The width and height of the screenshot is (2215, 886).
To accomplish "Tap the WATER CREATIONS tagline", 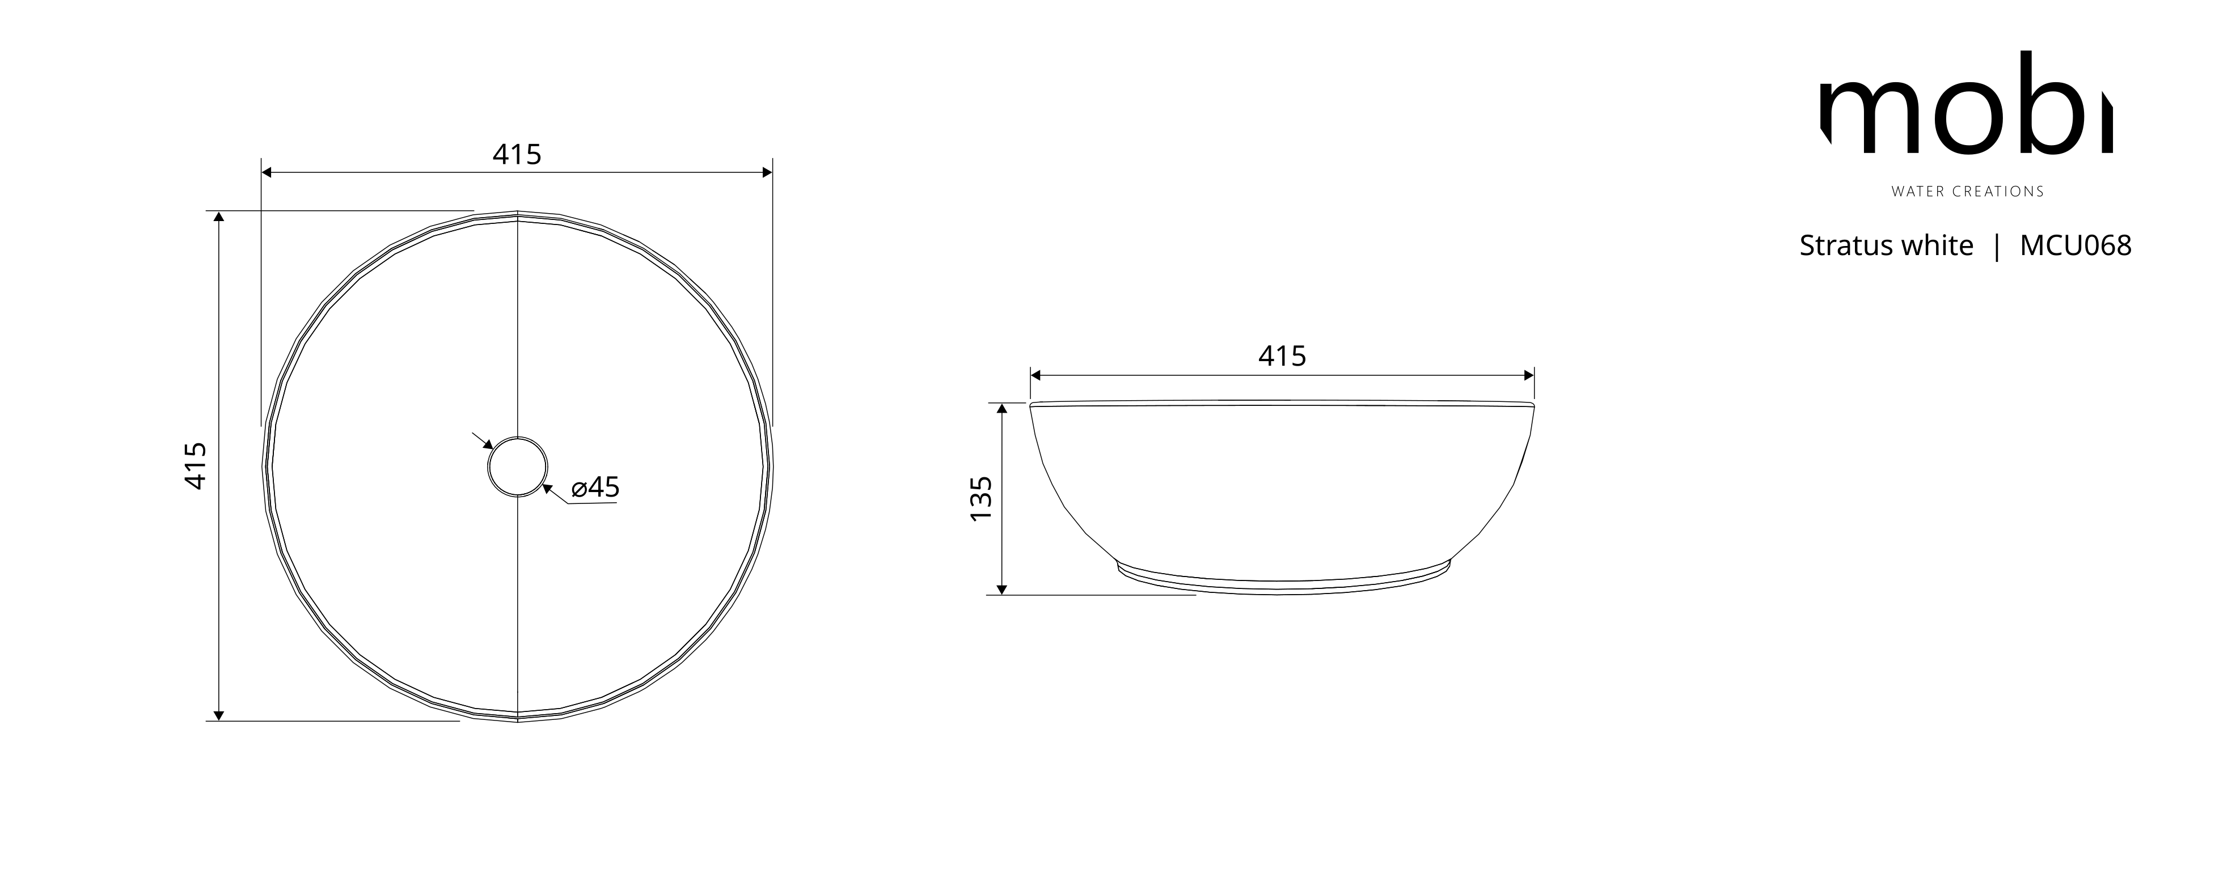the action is pyautogui.click(x=1967, y=192).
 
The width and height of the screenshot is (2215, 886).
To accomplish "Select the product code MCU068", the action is pyautogui.click(x=2075, y=246).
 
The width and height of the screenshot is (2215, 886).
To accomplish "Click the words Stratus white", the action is pyautogui.click(x=1887, y=246).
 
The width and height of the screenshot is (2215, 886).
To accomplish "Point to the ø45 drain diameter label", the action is pyautogui.click(x=595, y=487).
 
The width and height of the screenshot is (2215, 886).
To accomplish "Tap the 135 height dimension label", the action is pyautogui.click(x=981, y=498).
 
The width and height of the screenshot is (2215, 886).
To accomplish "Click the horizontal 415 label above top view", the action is pyautogui.click(x=517, y=155).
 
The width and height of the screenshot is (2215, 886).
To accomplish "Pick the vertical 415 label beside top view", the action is pyautogui.click(x=196, y=466).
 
